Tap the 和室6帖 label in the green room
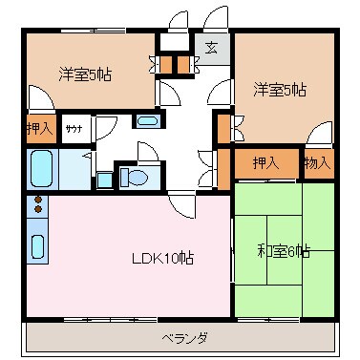[284, 251]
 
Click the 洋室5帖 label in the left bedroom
[84, 74]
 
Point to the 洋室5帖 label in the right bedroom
[279, 91]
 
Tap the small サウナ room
[73, 128]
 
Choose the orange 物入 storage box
[317, 162]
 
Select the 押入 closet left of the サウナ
[39, 128]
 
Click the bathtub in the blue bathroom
[42, 170]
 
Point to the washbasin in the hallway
[147, 121]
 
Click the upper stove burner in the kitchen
[38, 200]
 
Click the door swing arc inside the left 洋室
[40, 98]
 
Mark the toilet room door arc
[148, 154]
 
